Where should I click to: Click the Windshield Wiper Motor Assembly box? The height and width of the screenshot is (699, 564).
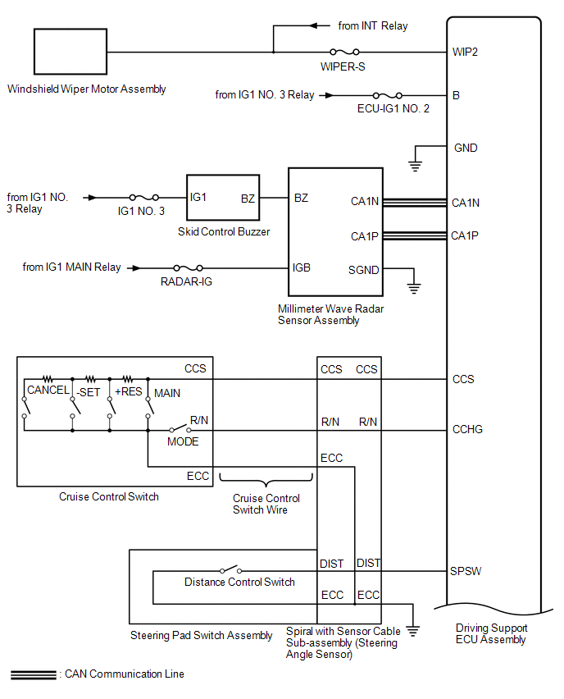pyautogui.click(x=70, y=53)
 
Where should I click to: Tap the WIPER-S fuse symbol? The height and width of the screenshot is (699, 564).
pyautogui.click(x=343, y=52)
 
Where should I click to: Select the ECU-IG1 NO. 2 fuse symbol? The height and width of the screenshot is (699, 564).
pyautogui.click(x=388, y=95)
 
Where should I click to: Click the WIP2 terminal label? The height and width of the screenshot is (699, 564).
pyautogui.click(x=465, y=52)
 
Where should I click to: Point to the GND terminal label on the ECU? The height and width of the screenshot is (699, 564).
pyautogui.click(x=466, y=148)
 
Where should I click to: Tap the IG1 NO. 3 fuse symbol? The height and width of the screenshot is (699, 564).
pyautogui.click(x=144, y=198)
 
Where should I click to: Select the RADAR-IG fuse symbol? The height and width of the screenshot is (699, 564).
pyautogui.click(x=189, y=267)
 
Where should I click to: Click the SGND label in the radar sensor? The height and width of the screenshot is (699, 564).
pyautogui.click(x=364, y=269)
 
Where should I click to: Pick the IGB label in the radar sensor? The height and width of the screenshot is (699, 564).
pyautogui.click(x=302, y=267)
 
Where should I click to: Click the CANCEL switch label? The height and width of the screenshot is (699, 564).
pyautogui.click(x=48, y=391)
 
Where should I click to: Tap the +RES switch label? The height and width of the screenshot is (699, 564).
pyautogui.click(x=129, y=391)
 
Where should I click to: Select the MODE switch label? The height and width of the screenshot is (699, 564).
pyautogui.click(x=183, y=441)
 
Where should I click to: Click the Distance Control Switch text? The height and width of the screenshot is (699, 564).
pyautogui.click(x=239, y=582)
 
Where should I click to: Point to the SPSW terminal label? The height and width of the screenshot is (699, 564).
pyautogui.click(x=466, y=571)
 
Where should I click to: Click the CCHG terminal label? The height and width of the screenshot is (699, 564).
pyautogui.click(x=468, y=429)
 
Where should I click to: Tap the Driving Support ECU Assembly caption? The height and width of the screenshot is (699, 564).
pyautogui.click(x=491, y=633)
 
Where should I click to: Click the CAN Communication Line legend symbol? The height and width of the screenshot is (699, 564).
pyautogui.click(x=33, y=674)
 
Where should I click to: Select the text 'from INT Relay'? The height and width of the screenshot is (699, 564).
pyautogui.click(x=373, y=25)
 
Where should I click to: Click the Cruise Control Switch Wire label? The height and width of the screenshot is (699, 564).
pyautogui.click(x=266, y=504)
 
